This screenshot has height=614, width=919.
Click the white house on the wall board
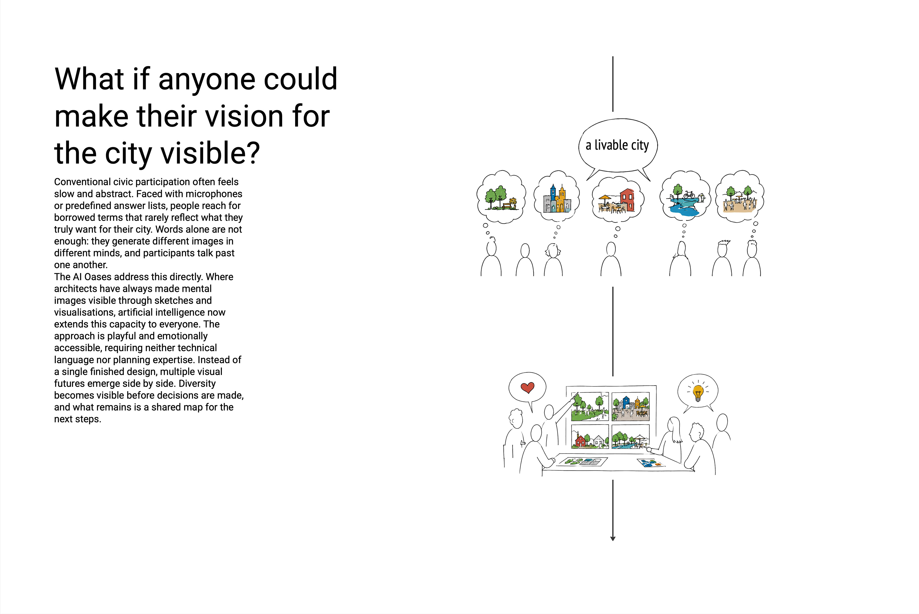coord(599,441)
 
